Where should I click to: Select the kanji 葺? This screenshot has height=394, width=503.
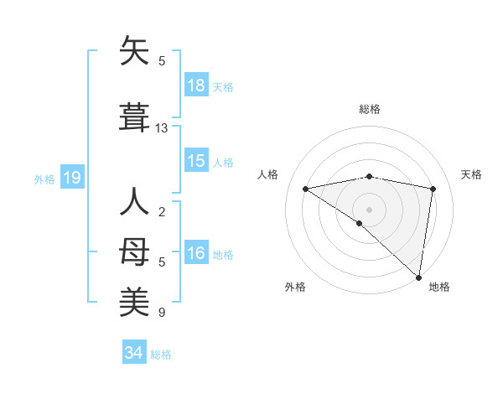(x=135, y=117)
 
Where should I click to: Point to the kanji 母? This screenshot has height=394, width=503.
(x=135, y=251)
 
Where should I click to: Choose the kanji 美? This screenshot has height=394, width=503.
(x=135, y=301)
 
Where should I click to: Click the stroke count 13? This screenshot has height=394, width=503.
(x=162, y=128)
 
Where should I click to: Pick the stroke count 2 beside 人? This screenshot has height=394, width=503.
(x=162, y=212)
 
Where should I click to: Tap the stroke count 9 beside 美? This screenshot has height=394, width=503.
(x=162, y=313)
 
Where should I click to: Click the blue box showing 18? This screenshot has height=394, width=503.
(x=196, y=86)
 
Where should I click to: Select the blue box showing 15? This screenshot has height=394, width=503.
(x=196, y=161)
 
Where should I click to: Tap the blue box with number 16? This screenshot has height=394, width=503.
(x=196, y=253)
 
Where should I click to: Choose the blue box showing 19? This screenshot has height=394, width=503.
(x=71, y=177)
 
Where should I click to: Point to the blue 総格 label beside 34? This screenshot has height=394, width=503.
(x=161, y=354)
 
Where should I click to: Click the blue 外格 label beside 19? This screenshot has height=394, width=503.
(x=44, y=179)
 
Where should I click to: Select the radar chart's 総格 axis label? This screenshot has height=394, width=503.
(x=369, y=109)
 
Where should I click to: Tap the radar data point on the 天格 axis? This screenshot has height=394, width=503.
(x=433, y=189)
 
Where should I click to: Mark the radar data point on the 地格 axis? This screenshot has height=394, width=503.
(x=418, y=277)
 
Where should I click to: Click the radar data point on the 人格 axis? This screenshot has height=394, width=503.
(x=305, y=189)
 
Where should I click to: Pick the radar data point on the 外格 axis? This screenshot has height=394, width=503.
(x=360, y=223)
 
